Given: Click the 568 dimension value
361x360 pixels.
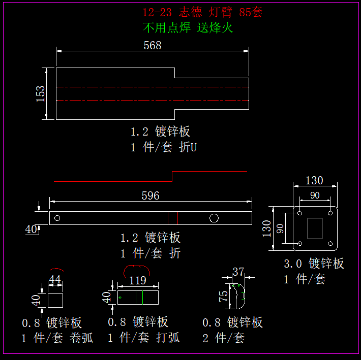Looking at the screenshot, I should [x=153, y=45].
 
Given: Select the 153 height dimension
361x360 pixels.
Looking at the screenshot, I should [x=41, y=94].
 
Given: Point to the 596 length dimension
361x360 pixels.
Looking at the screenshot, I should [x=151, y=195].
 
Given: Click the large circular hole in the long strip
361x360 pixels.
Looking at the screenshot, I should [x=214, y=218].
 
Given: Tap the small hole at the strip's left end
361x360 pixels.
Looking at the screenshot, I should [x=57, y=218].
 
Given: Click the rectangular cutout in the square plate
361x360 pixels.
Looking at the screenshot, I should [x=315, y=228].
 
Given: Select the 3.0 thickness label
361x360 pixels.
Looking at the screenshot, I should [x=292, y=264].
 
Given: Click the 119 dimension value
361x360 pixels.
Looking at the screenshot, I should [x=138, y=280].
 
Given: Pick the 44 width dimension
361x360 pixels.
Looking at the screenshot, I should [x=55, y=280].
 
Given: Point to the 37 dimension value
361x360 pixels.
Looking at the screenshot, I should [x=238, y=272].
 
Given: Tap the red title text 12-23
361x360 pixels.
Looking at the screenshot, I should [x=157, y=13].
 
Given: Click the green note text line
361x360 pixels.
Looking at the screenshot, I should [x=188, y=28].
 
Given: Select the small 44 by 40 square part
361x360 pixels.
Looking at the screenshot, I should [x=55, y=300].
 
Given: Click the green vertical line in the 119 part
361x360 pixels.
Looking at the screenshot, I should [x=143, y=298].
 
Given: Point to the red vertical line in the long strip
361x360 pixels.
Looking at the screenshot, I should [x=168, y=218].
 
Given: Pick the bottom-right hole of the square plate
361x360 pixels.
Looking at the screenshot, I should [x=330, y=244].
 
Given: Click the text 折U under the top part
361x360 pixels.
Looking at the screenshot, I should [x=187, y=147].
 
